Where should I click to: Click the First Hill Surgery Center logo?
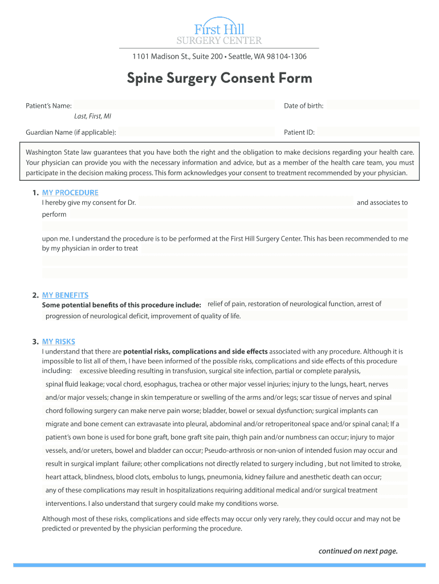coord(219,31)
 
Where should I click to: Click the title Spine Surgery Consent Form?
coord(219,78)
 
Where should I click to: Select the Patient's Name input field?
coord(174,106)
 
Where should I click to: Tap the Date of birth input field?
coord(373,106)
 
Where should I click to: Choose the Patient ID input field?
coord(368,132)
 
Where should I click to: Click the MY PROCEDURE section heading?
coord(70,193)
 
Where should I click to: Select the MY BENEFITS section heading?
coord(65,295)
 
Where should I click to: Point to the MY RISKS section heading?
coord(58,342)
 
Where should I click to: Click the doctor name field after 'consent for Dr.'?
coord(246,202)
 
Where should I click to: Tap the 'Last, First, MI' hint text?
coord(92,116)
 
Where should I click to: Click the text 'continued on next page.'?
coord(357,551)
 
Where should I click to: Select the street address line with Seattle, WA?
coord(219,56)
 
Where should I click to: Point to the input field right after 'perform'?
coord(238,214)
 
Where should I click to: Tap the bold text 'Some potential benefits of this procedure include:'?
coord(121,305)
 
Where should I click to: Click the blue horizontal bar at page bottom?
coord(219,565)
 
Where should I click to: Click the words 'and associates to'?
coord(382,202)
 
